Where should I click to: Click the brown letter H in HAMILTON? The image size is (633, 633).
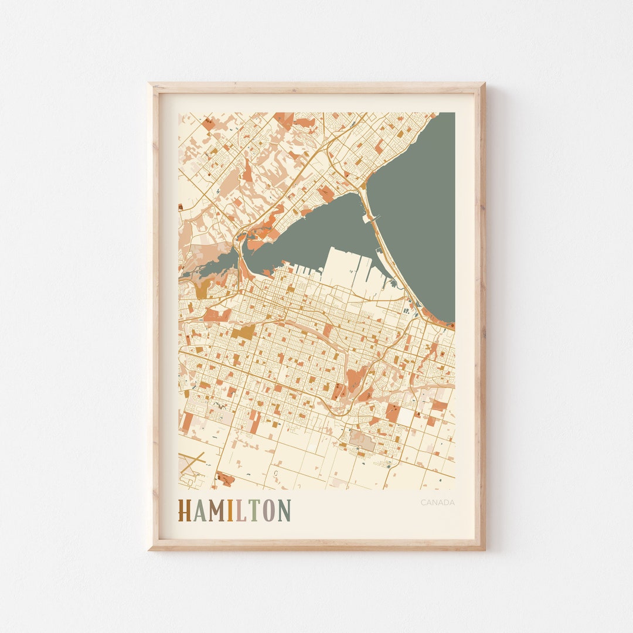(185, 511)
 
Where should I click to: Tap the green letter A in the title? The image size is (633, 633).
(199, 511)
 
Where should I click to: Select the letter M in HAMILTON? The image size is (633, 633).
(217, 511)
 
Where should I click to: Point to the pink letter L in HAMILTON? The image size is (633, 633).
(241, 511)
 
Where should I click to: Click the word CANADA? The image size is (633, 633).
(437, 502)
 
